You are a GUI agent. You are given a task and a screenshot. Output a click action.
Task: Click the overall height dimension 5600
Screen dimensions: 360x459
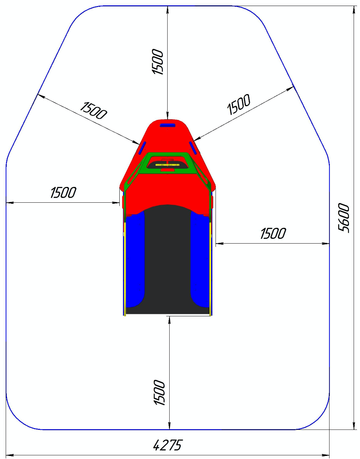coord(343,218)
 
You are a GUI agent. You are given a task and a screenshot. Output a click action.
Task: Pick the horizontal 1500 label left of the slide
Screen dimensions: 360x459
coord(63,192)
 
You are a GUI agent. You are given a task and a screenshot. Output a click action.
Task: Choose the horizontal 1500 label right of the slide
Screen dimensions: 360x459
coord(273,233)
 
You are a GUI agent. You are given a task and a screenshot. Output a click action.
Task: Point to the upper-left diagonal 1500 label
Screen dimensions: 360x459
coord(93,111)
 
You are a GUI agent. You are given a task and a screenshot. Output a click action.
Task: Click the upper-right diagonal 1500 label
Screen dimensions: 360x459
coord(239,104)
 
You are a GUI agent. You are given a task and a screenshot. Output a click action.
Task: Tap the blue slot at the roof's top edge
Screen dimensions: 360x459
coord(168,125)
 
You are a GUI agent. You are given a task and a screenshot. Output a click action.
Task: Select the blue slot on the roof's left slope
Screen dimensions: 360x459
coord(142,148)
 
